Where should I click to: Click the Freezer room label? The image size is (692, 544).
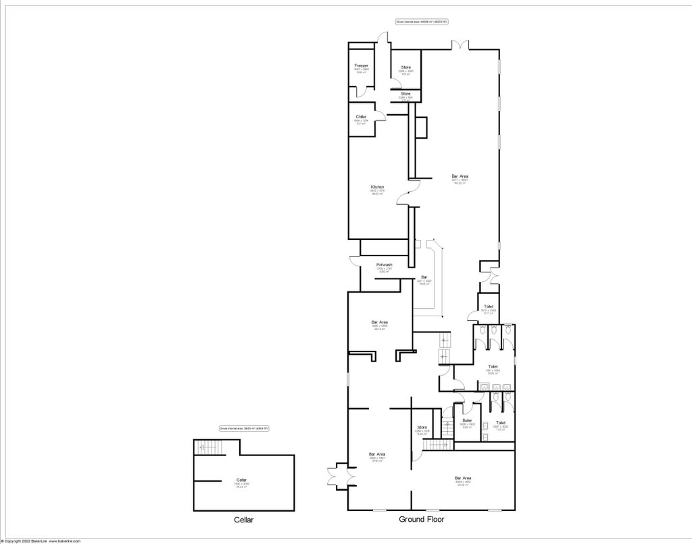tap(361, 66)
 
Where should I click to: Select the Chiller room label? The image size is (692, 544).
tap(361, 117)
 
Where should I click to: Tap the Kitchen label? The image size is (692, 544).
tap(377, 187)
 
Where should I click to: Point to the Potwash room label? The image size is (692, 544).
tap(385, 265)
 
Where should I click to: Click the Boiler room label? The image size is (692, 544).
tap(467, 420)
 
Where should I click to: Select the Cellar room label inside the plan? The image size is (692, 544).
tap(242, 480)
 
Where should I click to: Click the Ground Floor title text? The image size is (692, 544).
tap(421, 520)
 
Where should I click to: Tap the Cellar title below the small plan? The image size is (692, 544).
tap(243, 520)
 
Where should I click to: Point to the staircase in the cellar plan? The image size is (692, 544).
tap(207, 447)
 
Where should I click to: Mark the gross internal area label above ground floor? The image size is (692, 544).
tap(422, 22)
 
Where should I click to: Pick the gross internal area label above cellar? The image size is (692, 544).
tap(244, 428)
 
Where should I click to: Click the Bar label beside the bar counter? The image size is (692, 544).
tap(424, 277)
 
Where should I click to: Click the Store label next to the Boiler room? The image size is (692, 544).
tap(422, 427)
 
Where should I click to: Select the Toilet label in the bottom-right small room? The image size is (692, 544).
tap(501, 423)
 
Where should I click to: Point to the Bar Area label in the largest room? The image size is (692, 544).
tap(460, 176)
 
